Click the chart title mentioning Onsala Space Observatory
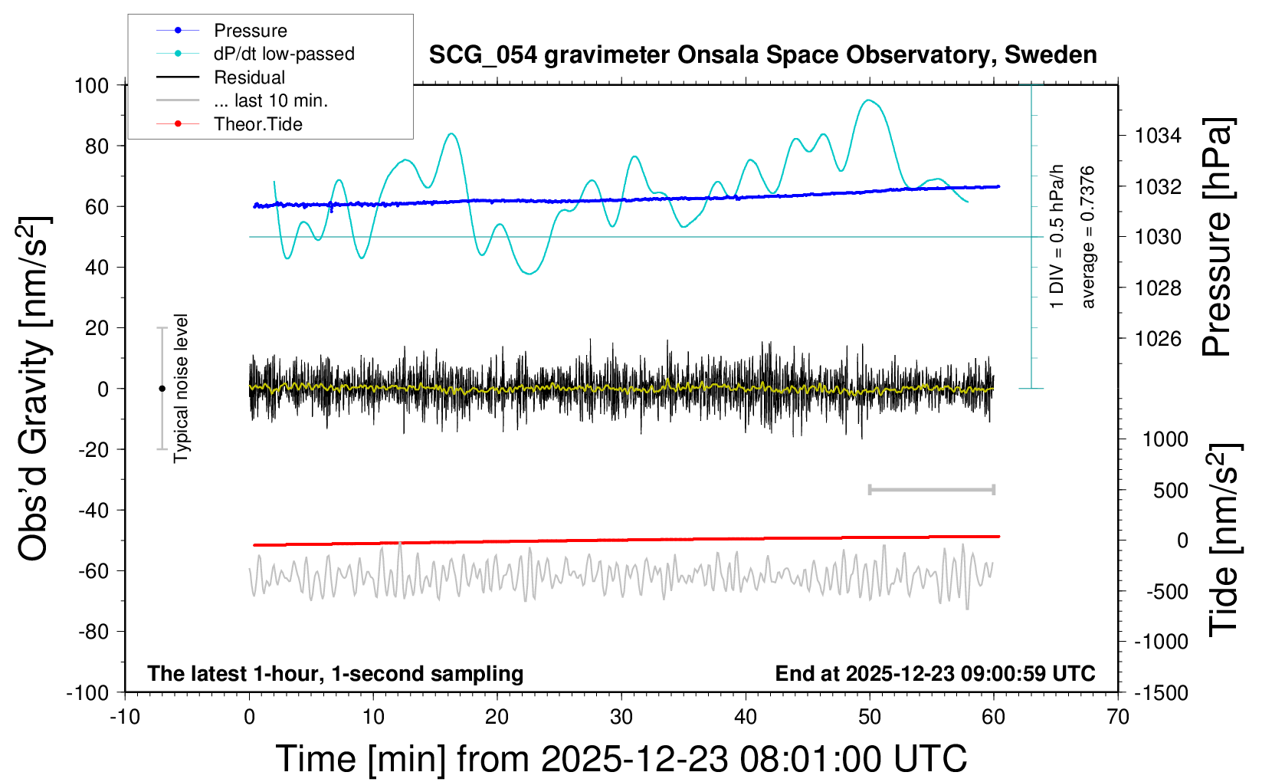[762, 55]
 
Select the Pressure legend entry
[250, 31]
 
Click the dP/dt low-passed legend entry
[284, 54]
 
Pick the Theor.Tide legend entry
[257, 124]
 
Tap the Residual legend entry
[249, 77]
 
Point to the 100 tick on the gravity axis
[91, 85]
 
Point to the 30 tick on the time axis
[621, 718]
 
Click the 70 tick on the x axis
[1118, 718]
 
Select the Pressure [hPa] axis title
[1218, 237]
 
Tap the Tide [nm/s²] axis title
[1223, 540]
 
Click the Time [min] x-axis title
[621, 759]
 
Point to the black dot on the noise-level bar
[162, 389]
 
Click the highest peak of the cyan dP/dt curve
[867, 100]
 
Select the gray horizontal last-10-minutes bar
[931, 489]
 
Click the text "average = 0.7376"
[1088, 237]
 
